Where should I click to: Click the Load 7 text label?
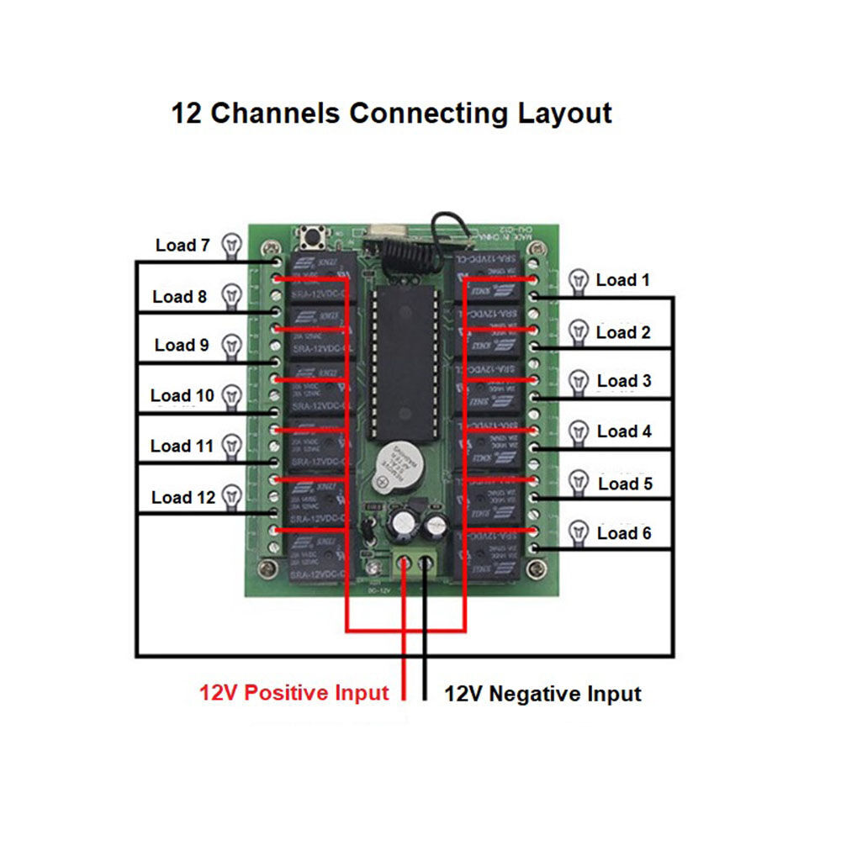[x=182, y=246]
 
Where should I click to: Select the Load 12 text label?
[x=183, y=497]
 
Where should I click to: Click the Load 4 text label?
[x=624, y=431]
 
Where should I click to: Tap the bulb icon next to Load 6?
[x=578, y=532]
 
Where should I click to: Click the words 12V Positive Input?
[x=294, y=693]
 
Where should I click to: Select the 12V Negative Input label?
[x=542, y=694]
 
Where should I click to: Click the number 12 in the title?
[x=187, y=113]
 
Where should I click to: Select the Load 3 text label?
[x=624, y=381]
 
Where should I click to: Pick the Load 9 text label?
[x=182, y=345]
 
